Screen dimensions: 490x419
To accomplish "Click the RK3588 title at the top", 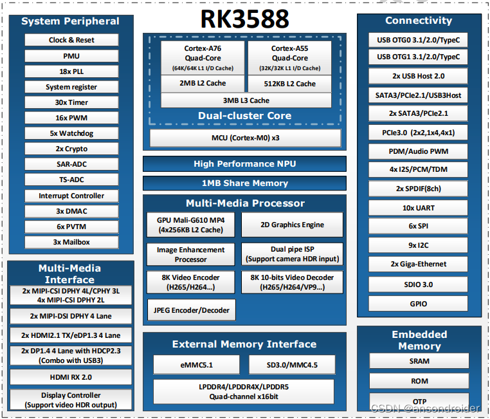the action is pos(245,19).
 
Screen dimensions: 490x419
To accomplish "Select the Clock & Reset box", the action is pos(71,40).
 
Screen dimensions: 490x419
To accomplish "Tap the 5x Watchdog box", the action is pos(71,133).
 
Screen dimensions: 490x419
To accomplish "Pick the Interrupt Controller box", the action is pos(71,196).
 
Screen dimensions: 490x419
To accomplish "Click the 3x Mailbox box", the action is pos(71,242).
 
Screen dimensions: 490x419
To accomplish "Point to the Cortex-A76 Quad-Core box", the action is pos(203,58).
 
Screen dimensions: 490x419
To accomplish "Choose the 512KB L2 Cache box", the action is pos(290,84).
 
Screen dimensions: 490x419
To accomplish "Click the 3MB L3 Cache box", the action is pos(246,100).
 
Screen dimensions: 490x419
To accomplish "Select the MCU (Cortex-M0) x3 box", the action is pos(246,138).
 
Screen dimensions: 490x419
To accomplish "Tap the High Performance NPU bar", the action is pos(244,163).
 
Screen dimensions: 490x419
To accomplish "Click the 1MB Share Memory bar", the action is pos(244,183).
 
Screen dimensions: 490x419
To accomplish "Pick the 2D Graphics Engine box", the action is pos(292,225).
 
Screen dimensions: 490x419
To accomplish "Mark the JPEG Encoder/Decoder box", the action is pos(191,310).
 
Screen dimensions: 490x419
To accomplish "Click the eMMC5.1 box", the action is pos(196,365).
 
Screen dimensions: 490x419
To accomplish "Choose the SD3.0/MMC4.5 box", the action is pos(292,365).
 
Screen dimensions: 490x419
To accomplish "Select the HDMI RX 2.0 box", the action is pos(70,377).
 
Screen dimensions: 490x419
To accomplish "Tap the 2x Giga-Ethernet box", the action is pos(419,264).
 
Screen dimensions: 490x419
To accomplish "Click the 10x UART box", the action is pos(419,208).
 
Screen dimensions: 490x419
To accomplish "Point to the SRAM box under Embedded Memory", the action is pos(419,361).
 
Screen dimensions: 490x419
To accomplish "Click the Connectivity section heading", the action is pos(419,21).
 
